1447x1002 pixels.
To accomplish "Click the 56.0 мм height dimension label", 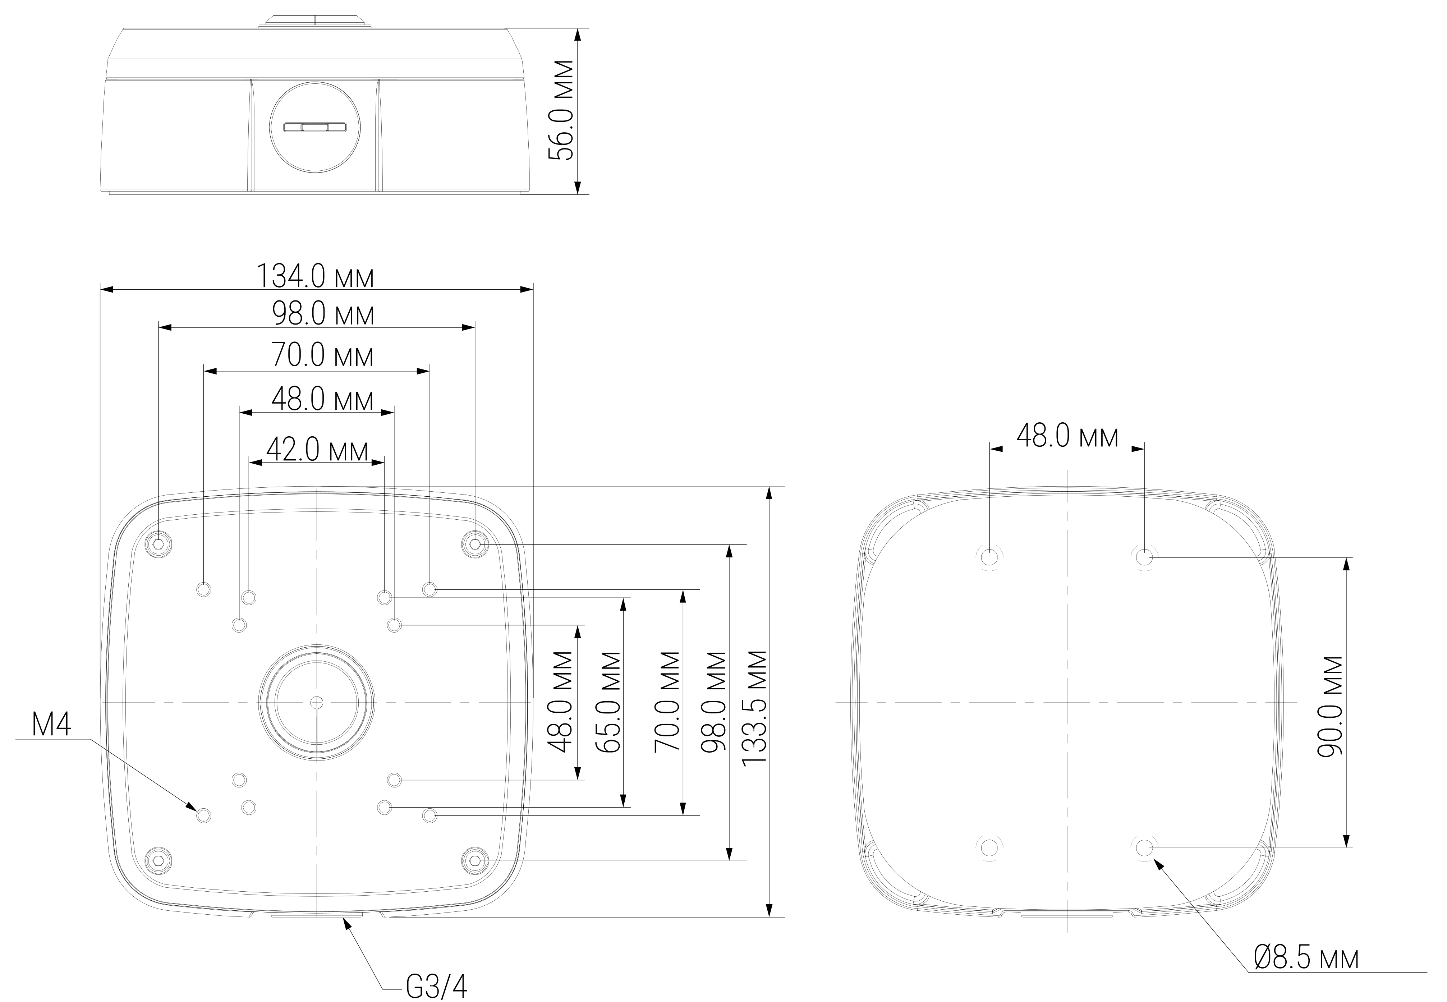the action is [x=561, y=110].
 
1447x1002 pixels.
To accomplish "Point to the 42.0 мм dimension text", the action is [x=317, y=450].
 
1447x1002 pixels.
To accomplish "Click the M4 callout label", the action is [x=51, y=725].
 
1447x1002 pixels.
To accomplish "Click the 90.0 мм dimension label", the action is [x=1329, y=706].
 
